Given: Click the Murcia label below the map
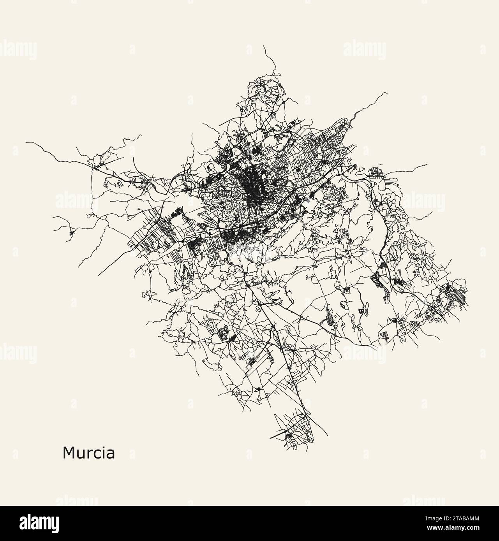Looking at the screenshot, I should pyautogui.click(x=88, y=453).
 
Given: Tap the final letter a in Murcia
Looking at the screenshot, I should pyautogui.click(x=111, y=454).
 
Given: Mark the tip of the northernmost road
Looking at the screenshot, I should pyautogui.click(x=263, y=46).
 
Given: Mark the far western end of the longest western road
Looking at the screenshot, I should pyautogui.click(x=26, y=142).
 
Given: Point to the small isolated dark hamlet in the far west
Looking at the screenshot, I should pyautogui.click(x=71, y=233).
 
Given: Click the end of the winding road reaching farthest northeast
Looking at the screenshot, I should pyautogui.click(x=387, y=93).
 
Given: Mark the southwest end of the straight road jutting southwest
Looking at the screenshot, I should pyautogui.click(x=99, y=275).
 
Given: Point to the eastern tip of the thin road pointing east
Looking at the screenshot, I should pyautogui.click(x=428, y=164).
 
